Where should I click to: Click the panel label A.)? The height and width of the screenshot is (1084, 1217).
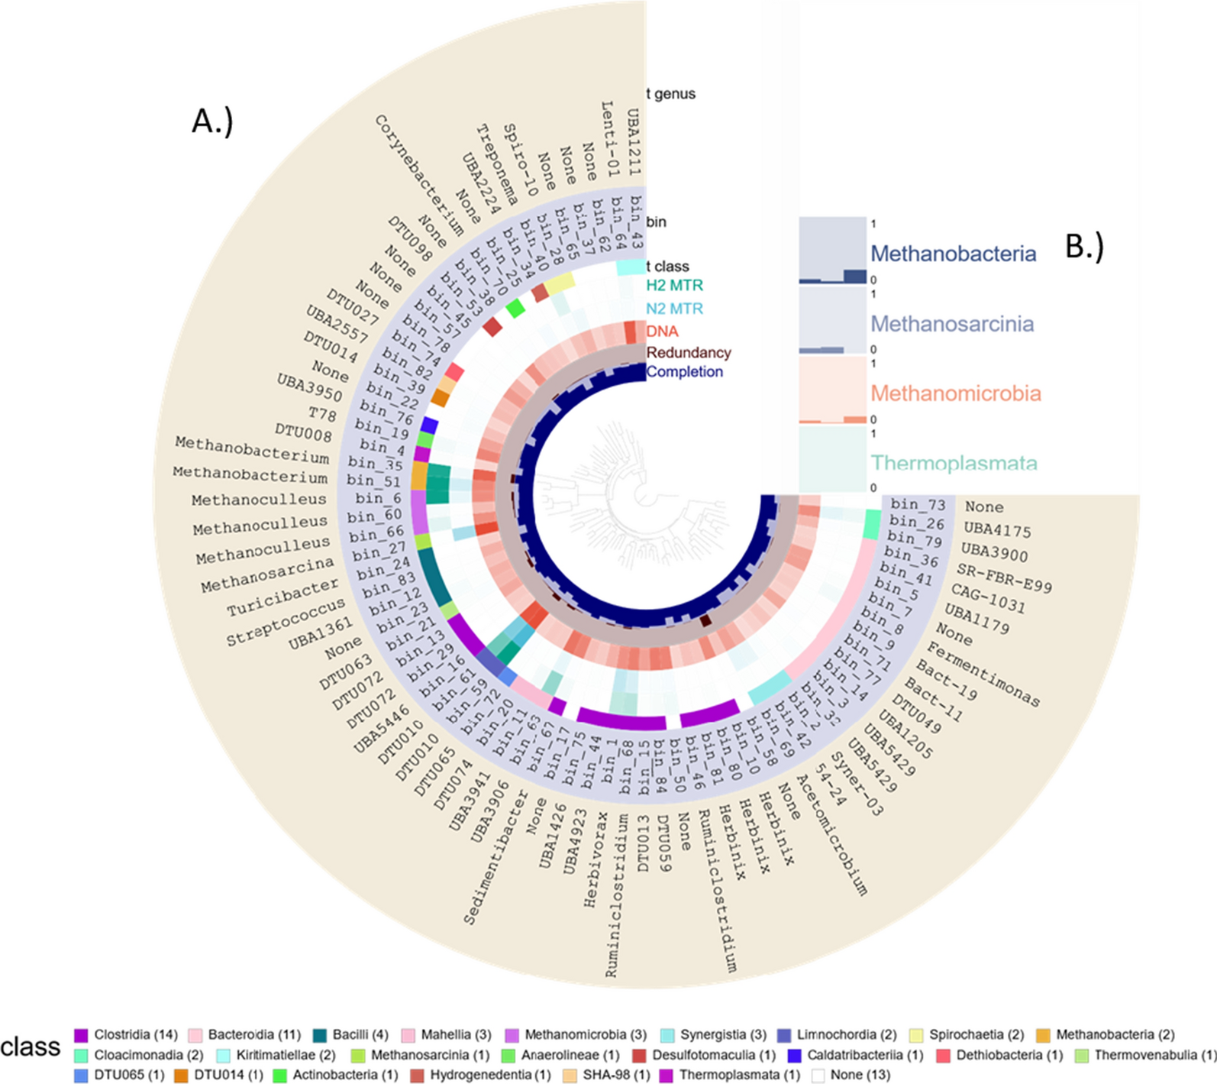[212, 120]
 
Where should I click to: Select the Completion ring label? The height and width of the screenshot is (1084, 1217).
[685, 372]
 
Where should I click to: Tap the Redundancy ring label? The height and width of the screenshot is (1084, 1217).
[689, 353]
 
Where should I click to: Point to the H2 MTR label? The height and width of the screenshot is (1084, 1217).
[674, 286]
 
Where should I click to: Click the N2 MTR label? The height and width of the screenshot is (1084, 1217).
[674, 309]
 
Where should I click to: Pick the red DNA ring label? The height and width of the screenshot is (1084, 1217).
[662, 332]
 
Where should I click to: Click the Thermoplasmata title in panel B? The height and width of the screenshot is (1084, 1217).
[954, 463]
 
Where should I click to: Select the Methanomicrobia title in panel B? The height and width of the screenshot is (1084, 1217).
[956, 393]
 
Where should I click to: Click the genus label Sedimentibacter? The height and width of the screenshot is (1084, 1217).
[496, 858]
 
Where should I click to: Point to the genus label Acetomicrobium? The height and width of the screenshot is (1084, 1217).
[832, 834]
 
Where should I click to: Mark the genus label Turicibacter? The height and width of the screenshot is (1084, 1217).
[282, 597]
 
